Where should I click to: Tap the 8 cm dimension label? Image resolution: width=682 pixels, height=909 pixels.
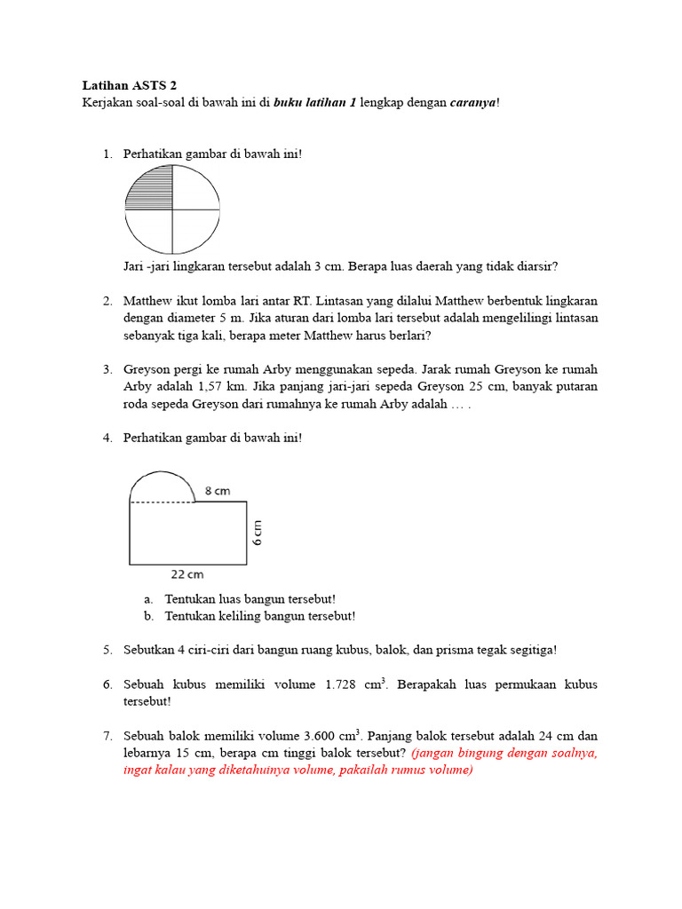219,490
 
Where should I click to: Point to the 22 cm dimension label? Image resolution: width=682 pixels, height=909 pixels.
188,574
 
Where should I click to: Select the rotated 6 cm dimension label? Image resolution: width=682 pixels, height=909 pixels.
258,533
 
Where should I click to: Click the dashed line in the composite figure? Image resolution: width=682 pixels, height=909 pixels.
163,502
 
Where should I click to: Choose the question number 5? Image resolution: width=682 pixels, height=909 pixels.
107,650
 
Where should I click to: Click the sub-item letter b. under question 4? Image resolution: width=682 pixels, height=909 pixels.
148,616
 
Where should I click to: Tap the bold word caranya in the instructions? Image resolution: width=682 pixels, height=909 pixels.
473,103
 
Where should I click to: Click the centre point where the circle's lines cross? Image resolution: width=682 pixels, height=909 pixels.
172,209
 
